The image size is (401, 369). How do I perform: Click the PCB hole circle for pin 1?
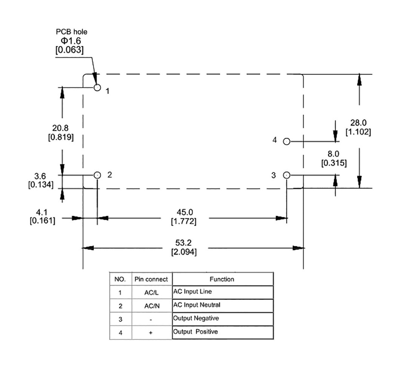coord(98,88)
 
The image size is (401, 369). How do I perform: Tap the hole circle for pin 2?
coord(98,175)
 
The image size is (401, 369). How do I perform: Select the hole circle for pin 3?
coord(287,175)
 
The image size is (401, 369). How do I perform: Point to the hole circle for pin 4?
coord(287,141)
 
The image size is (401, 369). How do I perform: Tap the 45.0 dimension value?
coord(184,212)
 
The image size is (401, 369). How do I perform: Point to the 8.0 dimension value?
coord(334,154)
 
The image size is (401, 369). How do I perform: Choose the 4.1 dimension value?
coord(42,212)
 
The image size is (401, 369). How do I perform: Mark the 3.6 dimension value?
coord(40,176)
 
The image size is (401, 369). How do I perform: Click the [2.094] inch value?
coord(184,252)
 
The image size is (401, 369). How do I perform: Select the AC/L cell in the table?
coord(151,293)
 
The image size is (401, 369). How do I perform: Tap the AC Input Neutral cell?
coord(197,305)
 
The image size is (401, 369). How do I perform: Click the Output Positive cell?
coord(195,332)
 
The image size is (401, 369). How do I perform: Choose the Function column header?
coord(222,279)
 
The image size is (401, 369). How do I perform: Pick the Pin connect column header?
coord(151,279)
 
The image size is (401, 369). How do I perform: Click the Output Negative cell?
coord(196,318)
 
